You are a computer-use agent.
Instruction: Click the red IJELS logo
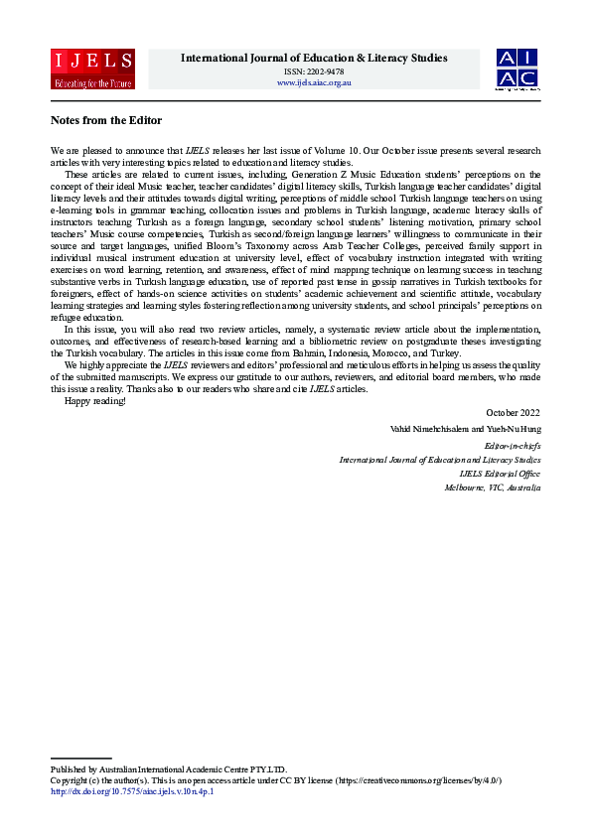pos(92,69)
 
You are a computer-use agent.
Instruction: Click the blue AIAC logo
pos(517,69)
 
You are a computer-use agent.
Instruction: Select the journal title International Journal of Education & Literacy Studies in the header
pos(314,58)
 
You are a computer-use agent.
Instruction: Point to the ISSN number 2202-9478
pos(314,70)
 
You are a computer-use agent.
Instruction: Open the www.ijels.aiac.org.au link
pos(314,82)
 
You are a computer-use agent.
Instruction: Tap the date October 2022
pos(514,411)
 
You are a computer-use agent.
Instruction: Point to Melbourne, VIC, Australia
pos(493,488)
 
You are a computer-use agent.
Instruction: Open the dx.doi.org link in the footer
pos(132,791)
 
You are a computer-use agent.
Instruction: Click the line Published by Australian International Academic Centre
pos(168,769)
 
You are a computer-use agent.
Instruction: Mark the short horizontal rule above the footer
pos(80,759)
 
